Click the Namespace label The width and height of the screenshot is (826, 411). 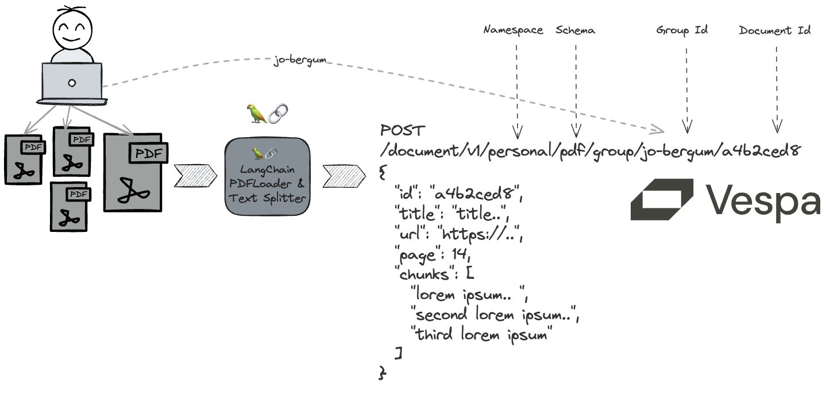pos(514,30)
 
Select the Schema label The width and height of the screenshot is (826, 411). pos(575,30)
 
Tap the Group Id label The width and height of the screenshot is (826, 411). pos(682,30)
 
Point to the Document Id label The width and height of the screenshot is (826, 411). pos(775,30)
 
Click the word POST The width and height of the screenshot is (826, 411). pos(403,130)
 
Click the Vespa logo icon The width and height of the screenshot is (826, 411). pos(662,199)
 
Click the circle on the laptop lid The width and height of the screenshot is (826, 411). pos(72,83)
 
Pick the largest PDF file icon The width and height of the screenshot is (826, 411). pos(135,173)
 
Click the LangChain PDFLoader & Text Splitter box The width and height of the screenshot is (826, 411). pos(267,177)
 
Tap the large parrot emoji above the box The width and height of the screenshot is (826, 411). pos(257,113)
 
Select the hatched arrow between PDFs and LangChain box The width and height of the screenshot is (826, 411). pos(195,176)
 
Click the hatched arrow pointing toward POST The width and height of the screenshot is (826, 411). pos(344,176)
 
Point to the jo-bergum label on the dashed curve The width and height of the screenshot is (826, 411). pos(300,60)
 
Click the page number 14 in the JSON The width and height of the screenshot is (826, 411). pos(460,254)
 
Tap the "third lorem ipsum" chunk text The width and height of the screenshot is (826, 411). pos(481,334)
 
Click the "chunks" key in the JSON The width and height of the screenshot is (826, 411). pos(422,274)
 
